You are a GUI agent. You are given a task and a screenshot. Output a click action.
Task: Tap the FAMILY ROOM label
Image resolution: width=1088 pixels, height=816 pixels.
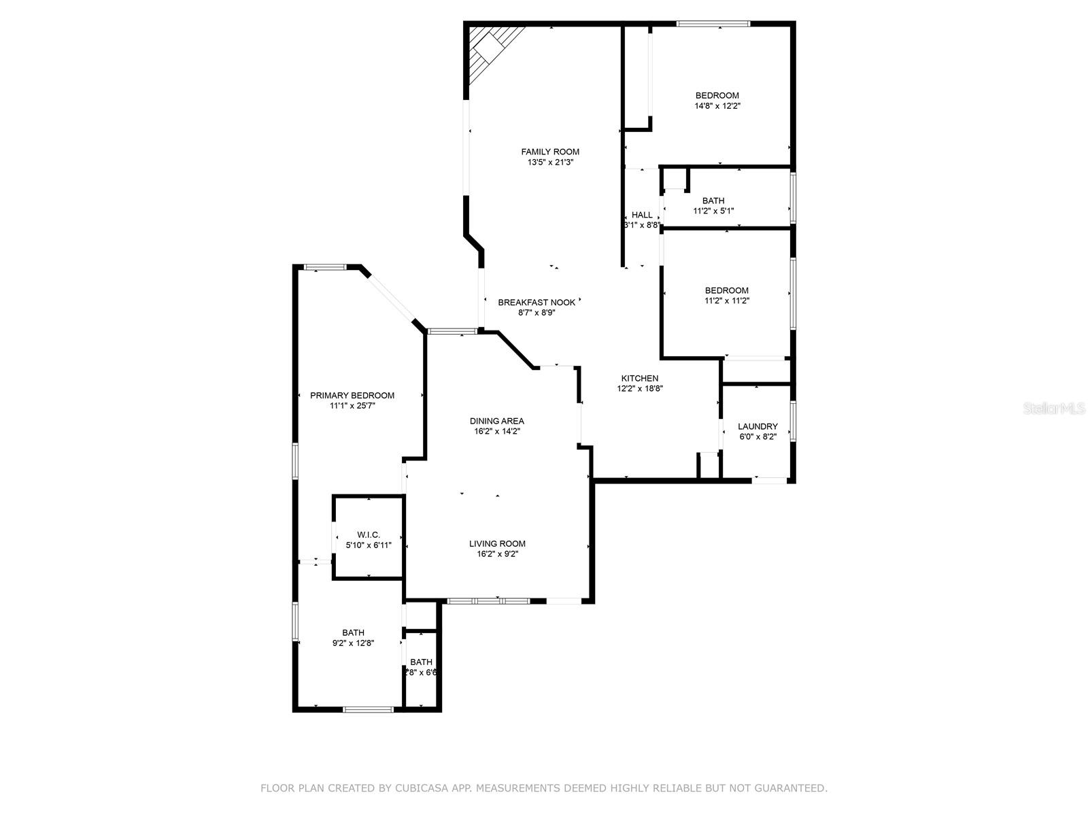tap(550, 152)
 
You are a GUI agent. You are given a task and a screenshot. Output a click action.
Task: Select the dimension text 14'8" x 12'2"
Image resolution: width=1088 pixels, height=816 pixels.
tap(717, 106)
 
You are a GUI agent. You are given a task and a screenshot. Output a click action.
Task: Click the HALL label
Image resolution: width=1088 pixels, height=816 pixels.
tap(642, 215)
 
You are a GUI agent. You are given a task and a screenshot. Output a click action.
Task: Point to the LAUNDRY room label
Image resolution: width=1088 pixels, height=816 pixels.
tap(758, 426)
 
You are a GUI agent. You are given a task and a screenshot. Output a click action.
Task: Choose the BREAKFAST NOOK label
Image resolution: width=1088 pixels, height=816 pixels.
tap(537, 303)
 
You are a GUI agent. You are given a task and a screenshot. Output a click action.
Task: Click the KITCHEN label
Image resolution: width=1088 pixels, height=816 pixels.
tap(639, 378)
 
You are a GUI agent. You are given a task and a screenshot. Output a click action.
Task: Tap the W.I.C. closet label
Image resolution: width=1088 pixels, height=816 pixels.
tap(369, 534)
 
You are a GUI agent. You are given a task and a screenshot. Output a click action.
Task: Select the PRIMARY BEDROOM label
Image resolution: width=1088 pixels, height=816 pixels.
tap(352, 395)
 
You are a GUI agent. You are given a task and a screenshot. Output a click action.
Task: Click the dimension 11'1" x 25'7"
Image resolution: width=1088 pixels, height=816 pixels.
tap(352, 406)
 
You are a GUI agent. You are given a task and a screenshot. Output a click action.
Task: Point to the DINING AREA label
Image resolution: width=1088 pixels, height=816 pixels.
tap(496, 421)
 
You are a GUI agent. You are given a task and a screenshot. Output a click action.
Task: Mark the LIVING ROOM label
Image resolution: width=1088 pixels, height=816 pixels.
tap(497, 543)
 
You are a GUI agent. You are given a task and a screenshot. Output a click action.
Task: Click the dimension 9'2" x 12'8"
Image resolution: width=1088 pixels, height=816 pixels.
tap(353, 643)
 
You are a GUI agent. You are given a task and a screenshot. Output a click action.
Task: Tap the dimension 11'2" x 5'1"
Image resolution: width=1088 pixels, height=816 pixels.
tap(713, 211)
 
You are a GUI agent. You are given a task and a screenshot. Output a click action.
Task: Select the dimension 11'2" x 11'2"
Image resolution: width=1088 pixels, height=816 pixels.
tap(726, 301)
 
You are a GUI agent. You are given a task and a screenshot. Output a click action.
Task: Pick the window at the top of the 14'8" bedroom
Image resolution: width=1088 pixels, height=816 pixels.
tap(713, 24)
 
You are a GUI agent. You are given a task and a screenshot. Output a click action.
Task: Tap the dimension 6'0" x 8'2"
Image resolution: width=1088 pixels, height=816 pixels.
tap(758, 437)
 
